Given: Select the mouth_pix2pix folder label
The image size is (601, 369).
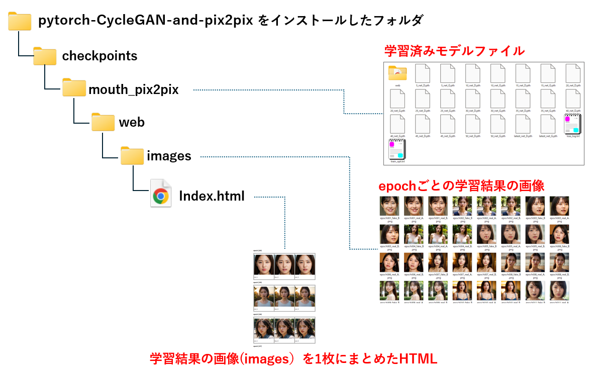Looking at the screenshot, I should click(133, 90).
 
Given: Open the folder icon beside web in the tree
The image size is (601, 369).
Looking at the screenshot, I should click(103, 122).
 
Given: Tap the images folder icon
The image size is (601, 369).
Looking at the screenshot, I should click(132, 156).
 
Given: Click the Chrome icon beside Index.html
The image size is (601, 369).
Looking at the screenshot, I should click(161, 197).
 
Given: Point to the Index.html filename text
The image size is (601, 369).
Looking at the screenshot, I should click(212, 197).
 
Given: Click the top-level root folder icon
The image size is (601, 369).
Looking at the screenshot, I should click(20, 21).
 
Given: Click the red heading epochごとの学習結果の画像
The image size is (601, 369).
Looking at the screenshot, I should click(461, 186).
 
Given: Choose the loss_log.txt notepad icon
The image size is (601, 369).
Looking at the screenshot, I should click(572, 124).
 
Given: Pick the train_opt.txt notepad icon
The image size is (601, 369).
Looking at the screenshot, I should click(397, 150).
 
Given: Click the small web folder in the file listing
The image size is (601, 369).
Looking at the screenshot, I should click(397, 73).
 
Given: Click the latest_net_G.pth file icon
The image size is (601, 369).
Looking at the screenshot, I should click(548, 124).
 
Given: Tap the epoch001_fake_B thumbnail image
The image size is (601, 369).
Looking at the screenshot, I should click(389, 206).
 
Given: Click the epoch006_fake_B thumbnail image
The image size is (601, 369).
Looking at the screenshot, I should click(559, 234).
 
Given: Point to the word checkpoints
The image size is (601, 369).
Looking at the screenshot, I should click(99, 56).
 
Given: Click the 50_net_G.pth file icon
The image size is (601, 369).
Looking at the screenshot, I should click(497, 124).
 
